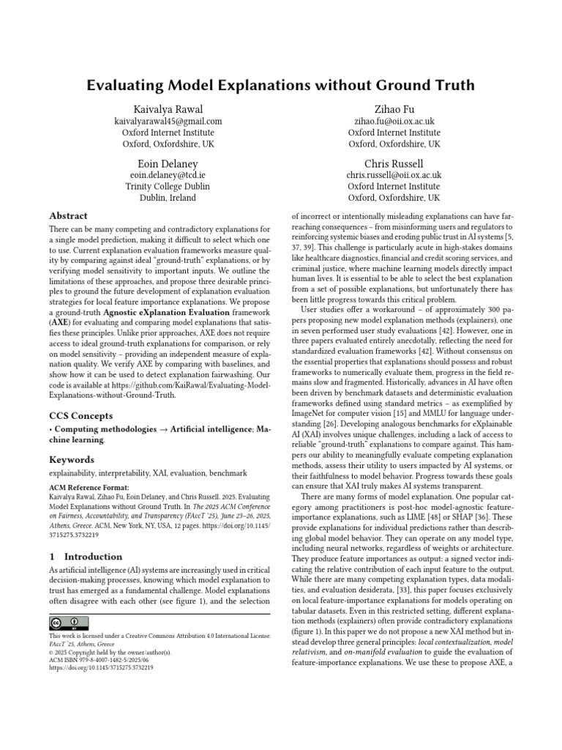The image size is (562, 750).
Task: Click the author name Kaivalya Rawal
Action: pos(168,109)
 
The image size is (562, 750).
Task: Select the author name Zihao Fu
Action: pos(394,109)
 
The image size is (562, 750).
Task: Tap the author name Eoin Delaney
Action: pos(168,163)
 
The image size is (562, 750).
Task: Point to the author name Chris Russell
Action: pos(394,163)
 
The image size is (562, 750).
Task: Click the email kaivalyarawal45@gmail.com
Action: pos(168,122)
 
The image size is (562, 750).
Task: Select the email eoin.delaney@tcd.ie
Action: pos(168,176)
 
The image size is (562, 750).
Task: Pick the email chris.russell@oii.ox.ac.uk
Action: pos(394,176)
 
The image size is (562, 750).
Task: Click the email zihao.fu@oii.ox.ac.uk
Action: pos(394,122)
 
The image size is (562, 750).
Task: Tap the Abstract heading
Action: pos(68,216)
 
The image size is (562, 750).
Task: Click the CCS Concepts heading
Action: pos(80,416)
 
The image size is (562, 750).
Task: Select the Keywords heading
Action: pos(72,459)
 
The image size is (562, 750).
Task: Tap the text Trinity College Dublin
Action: pos(168,187)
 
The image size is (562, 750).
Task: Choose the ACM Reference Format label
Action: pos(89,487)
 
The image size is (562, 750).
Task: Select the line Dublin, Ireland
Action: pos(168,198)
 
